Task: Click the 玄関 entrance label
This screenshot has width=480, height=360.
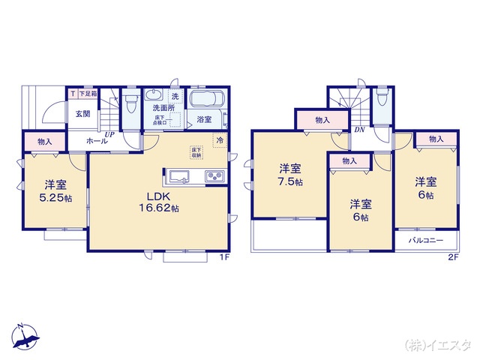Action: point(82,114)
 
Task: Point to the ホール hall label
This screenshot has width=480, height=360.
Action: point(95,140)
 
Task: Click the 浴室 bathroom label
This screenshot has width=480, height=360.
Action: point(203,118)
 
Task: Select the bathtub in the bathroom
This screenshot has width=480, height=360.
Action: point(205,100)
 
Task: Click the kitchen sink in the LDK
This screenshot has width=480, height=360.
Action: point(180,177)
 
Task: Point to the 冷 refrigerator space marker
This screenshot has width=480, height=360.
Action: point(220,139)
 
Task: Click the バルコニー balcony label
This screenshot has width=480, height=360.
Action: point(426,241)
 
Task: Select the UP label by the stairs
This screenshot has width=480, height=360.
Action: point(109,135)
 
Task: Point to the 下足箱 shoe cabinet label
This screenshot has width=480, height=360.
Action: point(86,94)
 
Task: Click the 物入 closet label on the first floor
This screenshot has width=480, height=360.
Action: point(44,142)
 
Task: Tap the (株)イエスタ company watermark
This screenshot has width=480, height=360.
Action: point(437,345)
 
